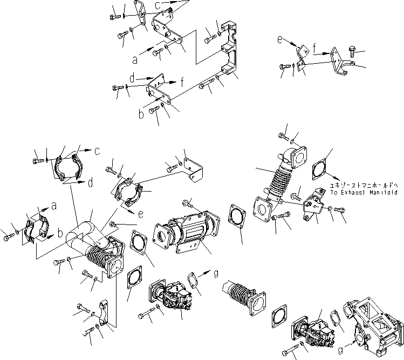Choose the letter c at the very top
pyautogui.click(x=157, y=5)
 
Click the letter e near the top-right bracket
pyautogui.click(x=279, y=39)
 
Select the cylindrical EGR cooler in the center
pyautogui.click(x=183, y=232)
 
